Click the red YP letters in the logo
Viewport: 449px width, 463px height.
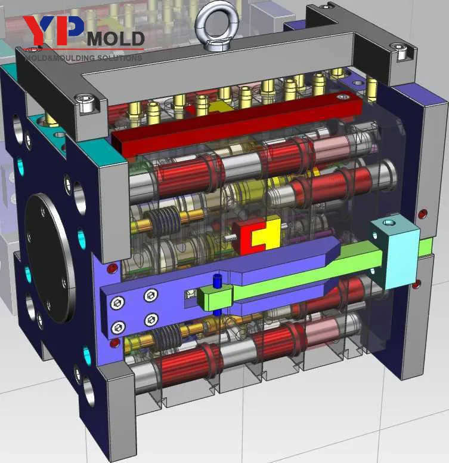(x=53, y=30)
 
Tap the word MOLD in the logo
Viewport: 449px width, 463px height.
(x=116, y=39)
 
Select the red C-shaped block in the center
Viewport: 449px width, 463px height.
(x=247, y=238)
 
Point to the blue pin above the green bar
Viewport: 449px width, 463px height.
(x=217, y=280)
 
